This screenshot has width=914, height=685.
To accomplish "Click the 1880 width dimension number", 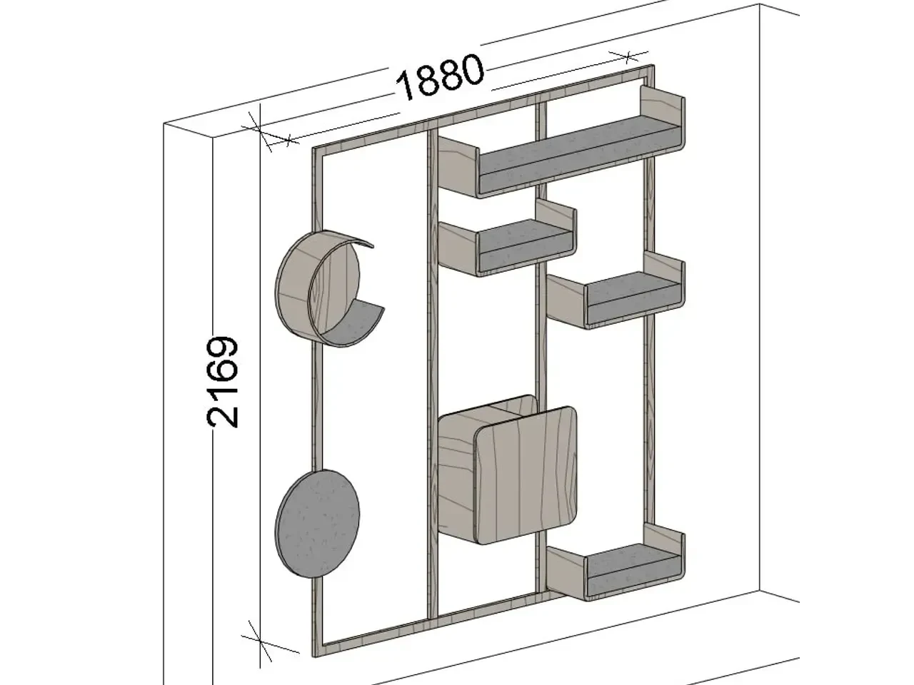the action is click(441, 77).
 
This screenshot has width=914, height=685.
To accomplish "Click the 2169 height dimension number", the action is click(223, 382).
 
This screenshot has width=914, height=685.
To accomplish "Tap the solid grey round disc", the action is click(317, 524).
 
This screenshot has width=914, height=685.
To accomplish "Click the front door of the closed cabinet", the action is click(527, 475).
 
